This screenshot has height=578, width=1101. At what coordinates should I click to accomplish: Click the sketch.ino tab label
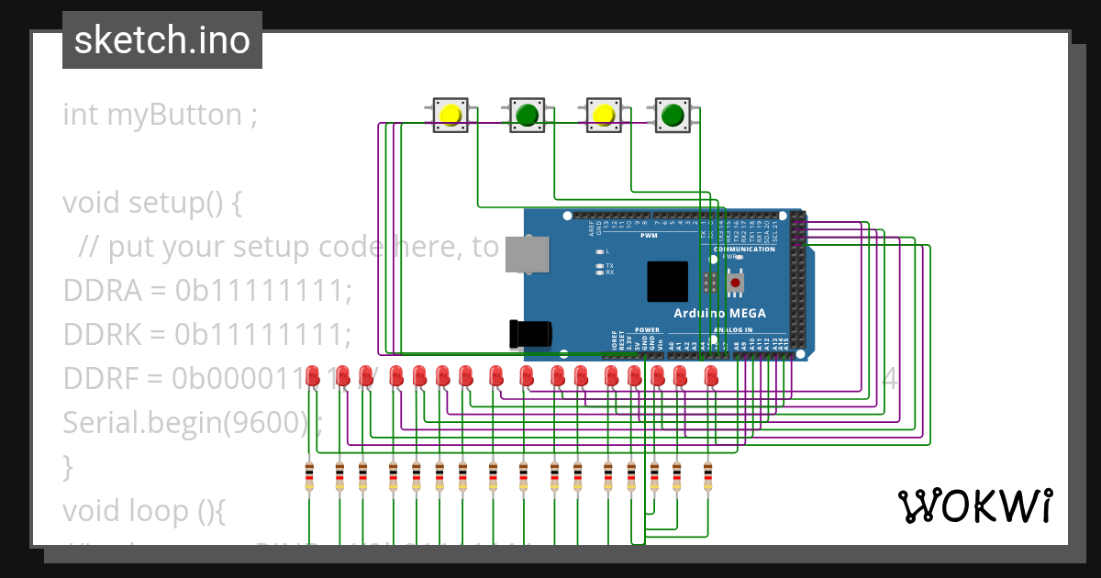(161, 40)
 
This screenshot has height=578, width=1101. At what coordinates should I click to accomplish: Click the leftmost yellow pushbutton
(450, 115)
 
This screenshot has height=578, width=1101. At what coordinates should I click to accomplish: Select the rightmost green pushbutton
(673, 115)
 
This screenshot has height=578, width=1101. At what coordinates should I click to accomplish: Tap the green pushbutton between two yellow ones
(527, 115)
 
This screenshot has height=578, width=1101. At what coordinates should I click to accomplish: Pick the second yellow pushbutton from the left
(603, 115)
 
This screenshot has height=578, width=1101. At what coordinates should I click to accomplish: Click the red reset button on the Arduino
(735, 283)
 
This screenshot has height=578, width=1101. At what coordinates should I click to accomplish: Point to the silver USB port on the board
(528, 253)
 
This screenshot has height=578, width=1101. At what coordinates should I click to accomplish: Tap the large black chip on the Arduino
(667, 282)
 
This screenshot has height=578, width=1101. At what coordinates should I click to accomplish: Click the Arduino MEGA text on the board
(719, 313)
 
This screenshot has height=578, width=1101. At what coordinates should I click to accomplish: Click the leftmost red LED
(313, 375)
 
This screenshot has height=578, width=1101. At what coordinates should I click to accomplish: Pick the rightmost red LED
(710, 375)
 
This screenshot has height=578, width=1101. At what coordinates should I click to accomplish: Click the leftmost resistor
(309, 477)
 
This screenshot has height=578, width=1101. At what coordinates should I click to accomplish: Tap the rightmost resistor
(707, 477)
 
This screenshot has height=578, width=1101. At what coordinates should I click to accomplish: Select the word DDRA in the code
(101, 290)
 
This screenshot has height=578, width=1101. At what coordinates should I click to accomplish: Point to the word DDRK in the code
(101, 334)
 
